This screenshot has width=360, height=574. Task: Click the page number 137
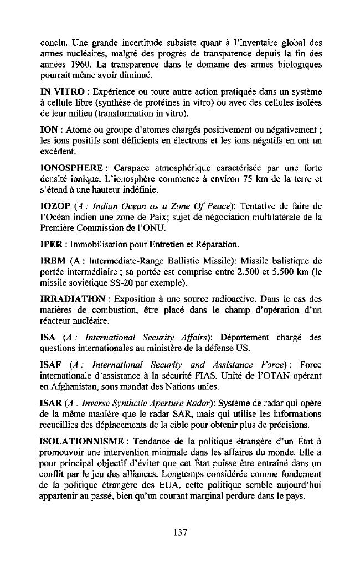click(x=180, y=532)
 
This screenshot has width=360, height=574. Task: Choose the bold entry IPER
click(x=50, y=244)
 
